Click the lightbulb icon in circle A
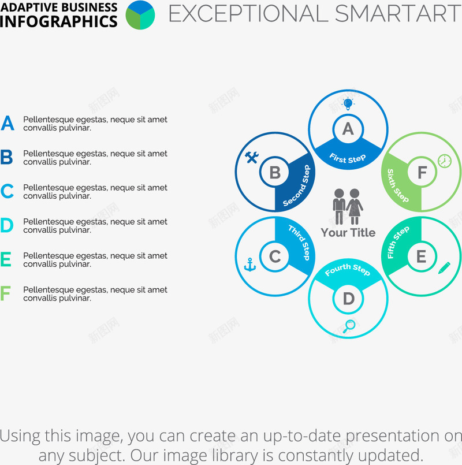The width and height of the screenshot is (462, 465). pos(348,104)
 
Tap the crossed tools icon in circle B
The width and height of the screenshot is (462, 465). pos(251,157)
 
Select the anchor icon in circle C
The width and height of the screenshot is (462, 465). pos(249,265)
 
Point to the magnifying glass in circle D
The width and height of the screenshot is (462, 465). pos(349,326)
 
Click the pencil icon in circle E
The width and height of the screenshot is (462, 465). pos(444,268)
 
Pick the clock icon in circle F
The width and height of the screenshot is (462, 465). pos(445,161)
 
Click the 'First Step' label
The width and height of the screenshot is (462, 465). pos(348,158)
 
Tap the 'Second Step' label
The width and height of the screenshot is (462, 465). pos(296,185)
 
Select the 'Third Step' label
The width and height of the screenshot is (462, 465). pos(300,243)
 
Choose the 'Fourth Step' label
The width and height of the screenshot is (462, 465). pos(348,269)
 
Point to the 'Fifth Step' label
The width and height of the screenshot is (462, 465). pos(398,242)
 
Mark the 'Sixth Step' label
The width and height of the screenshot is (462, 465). pos(398,185)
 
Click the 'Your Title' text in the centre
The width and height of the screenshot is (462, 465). pos(348,232)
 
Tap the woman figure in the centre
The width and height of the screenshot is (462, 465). pos(355,206)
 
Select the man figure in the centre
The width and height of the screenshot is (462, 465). pos(339,206)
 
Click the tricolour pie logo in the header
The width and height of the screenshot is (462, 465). pos(140,15)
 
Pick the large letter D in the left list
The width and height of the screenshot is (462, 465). pos(7,225)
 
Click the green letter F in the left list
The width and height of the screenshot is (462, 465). pos(5,293)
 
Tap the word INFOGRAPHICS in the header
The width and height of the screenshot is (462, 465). pos(59,21)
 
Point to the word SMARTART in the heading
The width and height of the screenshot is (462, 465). pos(398,13)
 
